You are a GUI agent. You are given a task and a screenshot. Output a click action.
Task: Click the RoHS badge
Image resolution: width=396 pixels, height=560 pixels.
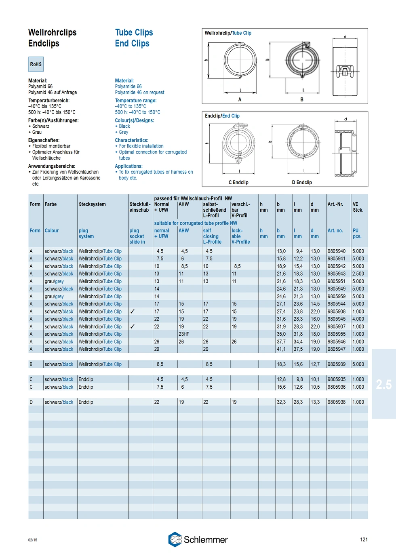click(36, 64)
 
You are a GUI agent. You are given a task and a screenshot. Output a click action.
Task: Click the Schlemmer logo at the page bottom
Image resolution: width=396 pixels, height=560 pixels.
click(198, 539)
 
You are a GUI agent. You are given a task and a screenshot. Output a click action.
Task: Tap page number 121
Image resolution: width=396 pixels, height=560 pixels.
click(364, 539)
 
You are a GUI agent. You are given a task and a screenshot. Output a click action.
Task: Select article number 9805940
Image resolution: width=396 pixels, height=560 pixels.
click(336, 251)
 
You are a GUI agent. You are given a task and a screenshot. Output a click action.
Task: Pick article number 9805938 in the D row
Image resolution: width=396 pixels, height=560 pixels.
click(336, 402)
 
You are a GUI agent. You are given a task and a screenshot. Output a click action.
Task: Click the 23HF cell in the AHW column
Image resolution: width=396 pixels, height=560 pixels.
click(184, 334)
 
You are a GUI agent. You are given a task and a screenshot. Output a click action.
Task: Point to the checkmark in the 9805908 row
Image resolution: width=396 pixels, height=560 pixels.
click(133, 312)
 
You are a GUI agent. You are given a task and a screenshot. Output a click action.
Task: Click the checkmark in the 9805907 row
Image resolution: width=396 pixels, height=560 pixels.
click(133, 326)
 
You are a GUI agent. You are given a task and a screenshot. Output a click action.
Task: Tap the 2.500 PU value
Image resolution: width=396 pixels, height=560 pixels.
click(358, 274)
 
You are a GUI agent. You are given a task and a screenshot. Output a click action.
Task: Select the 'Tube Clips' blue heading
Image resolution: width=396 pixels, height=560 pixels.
click(134, 32)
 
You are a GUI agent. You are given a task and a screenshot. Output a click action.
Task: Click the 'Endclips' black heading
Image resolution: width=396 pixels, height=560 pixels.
click(44, 44)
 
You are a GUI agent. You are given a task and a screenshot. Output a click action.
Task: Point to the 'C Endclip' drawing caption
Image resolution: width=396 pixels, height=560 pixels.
click(238, 183)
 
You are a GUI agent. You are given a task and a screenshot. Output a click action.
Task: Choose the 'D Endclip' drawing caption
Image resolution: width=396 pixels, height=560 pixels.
click(302, 183)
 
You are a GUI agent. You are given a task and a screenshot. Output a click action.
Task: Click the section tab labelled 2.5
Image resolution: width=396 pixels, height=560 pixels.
click(383, 384)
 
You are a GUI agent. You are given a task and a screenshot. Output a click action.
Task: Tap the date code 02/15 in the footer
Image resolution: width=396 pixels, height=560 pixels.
click(33, 540)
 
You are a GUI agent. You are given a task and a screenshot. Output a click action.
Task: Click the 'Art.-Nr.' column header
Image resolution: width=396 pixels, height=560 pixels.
click(335, 204)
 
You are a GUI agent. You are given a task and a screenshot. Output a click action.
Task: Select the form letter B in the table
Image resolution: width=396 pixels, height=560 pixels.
click(31, 364)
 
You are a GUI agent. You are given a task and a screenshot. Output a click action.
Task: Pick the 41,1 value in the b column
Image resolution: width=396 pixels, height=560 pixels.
click(281, 349)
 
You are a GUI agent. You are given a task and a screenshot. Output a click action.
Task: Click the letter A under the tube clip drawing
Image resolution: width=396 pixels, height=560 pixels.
click(240, 100)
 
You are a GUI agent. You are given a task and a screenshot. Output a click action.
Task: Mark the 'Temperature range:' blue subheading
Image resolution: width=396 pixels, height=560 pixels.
click(135, 101)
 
